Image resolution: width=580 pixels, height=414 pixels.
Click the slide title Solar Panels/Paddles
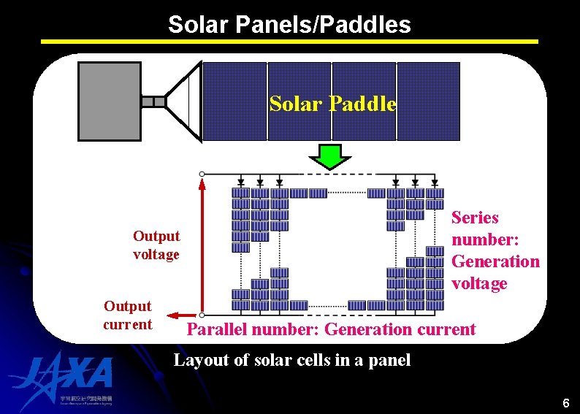289,24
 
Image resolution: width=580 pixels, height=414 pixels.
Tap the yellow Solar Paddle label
332,104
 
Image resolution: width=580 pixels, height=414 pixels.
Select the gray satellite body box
110,101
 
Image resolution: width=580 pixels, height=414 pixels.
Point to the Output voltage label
156,245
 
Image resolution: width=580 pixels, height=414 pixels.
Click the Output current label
128,315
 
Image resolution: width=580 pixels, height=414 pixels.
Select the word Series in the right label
475,218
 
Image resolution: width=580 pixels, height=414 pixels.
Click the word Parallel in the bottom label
218,329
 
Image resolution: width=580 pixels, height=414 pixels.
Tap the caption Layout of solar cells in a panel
291,360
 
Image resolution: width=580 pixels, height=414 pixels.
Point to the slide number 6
565,404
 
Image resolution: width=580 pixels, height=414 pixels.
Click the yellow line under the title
289,42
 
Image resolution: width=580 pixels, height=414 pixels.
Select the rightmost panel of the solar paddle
428,101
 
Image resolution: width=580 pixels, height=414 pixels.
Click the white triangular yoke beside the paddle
186,101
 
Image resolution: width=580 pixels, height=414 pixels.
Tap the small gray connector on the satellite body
153,101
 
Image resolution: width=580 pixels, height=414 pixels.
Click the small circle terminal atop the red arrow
202,174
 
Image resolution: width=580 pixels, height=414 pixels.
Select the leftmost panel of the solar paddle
234,101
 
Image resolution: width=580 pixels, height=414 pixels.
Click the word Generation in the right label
495,261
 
